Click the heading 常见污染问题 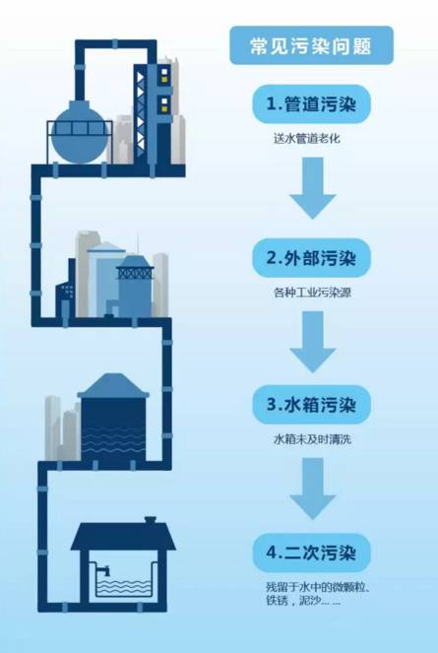coord(311,46)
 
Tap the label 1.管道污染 coord(311,104)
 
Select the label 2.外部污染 coord(311,258)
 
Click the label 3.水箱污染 coord(311,405)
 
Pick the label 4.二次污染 coord(311,553)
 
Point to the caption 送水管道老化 coord(307,138)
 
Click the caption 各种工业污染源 coord(312,293)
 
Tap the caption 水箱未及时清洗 coord(312,439)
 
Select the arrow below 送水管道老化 coord(313,188)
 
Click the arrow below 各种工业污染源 coord(313,342)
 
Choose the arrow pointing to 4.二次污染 coord(313,489)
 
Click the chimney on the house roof coord(150,521)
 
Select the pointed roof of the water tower coord(113,385)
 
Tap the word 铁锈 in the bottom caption coord(277,601)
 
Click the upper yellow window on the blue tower coord(164,73)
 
